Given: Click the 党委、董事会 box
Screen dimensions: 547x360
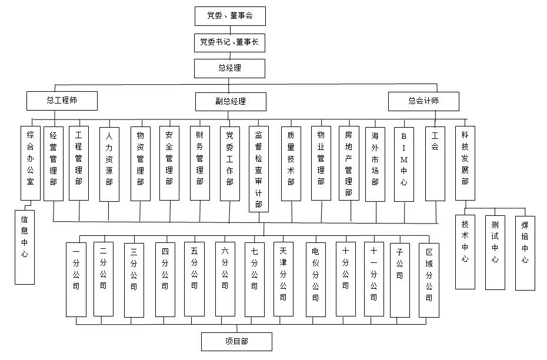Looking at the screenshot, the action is click(230, 16).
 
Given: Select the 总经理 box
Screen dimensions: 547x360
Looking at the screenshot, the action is click(229, 68).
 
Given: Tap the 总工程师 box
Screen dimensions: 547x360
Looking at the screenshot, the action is click(62, 101).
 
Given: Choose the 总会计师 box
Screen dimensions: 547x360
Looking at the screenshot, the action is click(424, 102).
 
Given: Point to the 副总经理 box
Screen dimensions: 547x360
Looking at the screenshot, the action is click(231, 102).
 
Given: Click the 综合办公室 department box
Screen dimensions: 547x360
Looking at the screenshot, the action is click(31, 164).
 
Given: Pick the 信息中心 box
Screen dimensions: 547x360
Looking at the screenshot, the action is click(25, 247).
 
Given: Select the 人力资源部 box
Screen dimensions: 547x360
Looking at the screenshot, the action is click(109, 164).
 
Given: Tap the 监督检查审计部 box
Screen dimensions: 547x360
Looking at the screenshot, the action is click(259, 169).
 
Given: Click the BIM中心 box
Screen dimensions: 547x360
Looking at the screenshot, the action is click(404, 164).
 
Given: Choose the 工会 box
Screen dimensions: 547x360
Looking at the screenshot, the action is click(435, 164).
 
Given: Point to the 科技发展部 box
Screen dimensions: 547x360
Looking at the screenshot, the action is click(465, 164).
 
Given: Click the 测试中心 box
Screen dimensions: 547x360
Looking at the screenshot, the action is click(495, 252).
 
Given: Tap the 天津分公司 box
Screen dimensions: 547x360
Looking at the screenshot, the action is click(283, 279).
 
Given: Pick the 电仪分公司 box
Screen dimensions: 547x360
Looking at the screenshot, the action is click(316, 280).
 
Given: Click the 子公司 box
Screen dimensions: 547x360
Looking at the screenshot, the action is click(400, 280).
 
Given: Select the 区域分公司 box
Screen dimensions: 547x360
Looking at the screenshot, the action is click(429, 280).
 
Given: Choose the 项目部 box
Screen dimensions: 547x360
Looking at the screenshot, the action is click(237, 342).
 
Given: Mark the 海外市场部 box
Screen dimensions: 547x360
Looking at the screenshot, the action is click(375, 164).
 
